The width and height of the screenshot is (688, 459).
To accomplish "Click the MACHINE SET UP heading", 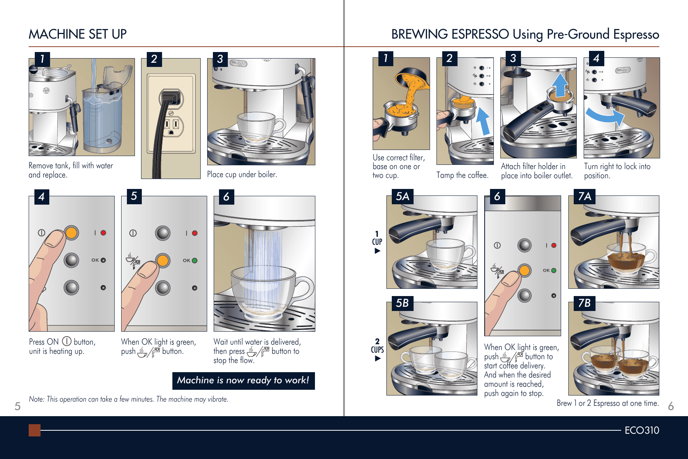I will point(78,34).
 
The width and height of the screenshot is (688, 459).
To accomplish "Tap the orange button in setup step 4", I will point(71,233).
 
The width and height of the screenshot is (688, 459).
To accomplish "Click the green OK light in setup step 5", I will point(195,260).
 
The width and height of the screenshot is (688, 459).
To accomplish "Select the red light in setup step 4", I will point(103,233).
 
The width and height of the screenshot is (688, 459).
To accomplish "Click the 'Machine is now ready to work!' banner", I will point(243,381).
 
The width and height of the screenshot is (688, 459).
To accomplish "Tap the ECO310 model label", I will point(642,430).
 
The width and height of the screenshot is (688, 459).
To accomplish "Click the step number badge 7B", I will point(584,303).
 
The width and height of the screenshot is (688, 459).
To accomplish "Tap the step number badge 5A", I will point(402,196).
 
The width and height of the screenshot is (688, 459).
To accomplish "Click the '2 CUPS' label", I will point(377,346).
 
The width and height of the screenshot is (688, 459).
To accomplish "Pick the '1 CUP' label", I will point(377,238).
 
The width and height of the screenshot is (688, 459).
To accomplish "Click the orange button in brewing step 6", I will point(524,270).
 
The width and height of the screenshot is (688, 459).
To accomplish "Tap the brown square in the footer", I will point(34,430).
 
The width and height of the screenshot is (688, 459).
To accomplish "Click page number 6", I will point(670,406).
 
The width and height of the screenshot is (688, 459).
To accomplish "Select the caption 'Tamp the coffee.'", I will point(462,175).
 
